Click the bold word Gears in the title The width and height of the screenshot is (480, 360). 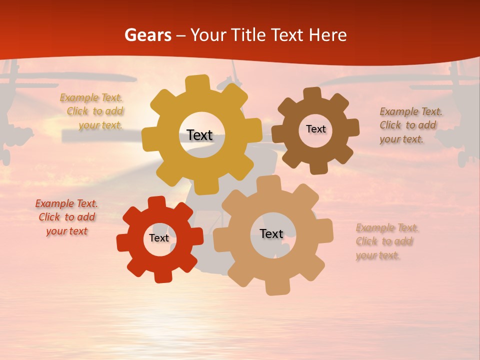point(147,35)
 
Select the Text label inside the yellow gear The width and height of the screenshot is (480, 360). point(199,135)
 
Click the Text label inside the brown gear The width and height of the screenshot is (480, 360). point(315,129)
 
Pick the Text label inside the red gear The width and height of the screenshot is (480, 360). point(159,238)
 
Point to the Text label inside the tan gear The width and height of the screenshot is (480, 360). point(271,233)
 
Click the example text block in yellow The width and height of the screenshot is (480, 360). point(92,111)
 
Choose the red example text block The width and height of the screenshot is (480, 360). point(66,217)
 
